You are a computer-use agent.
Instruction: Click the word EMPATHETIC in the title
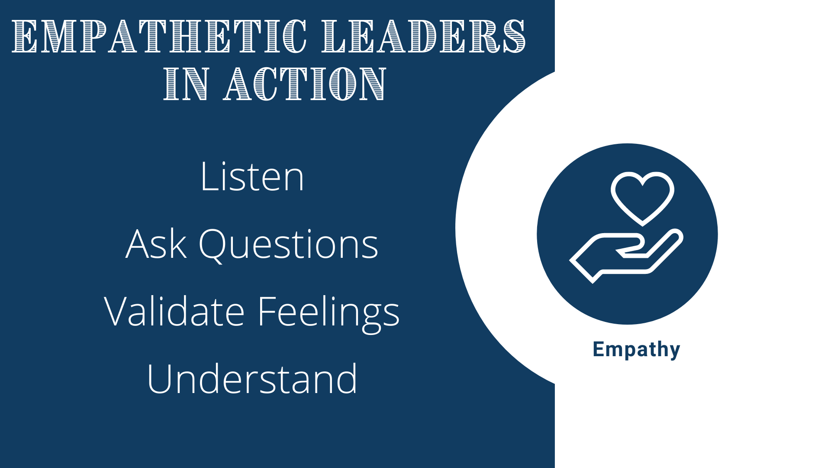click(159, 36)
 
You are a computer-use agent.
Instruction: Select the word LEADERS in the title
click(424, 36)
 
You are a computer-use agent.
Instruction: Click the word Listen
click(252, 177)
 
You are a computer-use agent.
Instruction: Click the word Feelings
click(329, 313)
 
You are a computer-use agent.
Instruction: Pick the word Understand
click(252, 379)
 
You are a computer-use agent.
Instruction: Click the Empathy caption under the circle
click(636, 349)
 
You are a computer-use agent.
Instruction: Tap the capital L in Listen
click(207, 177)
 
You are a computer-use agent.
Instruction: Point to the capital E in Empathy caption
click(598, 349)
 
